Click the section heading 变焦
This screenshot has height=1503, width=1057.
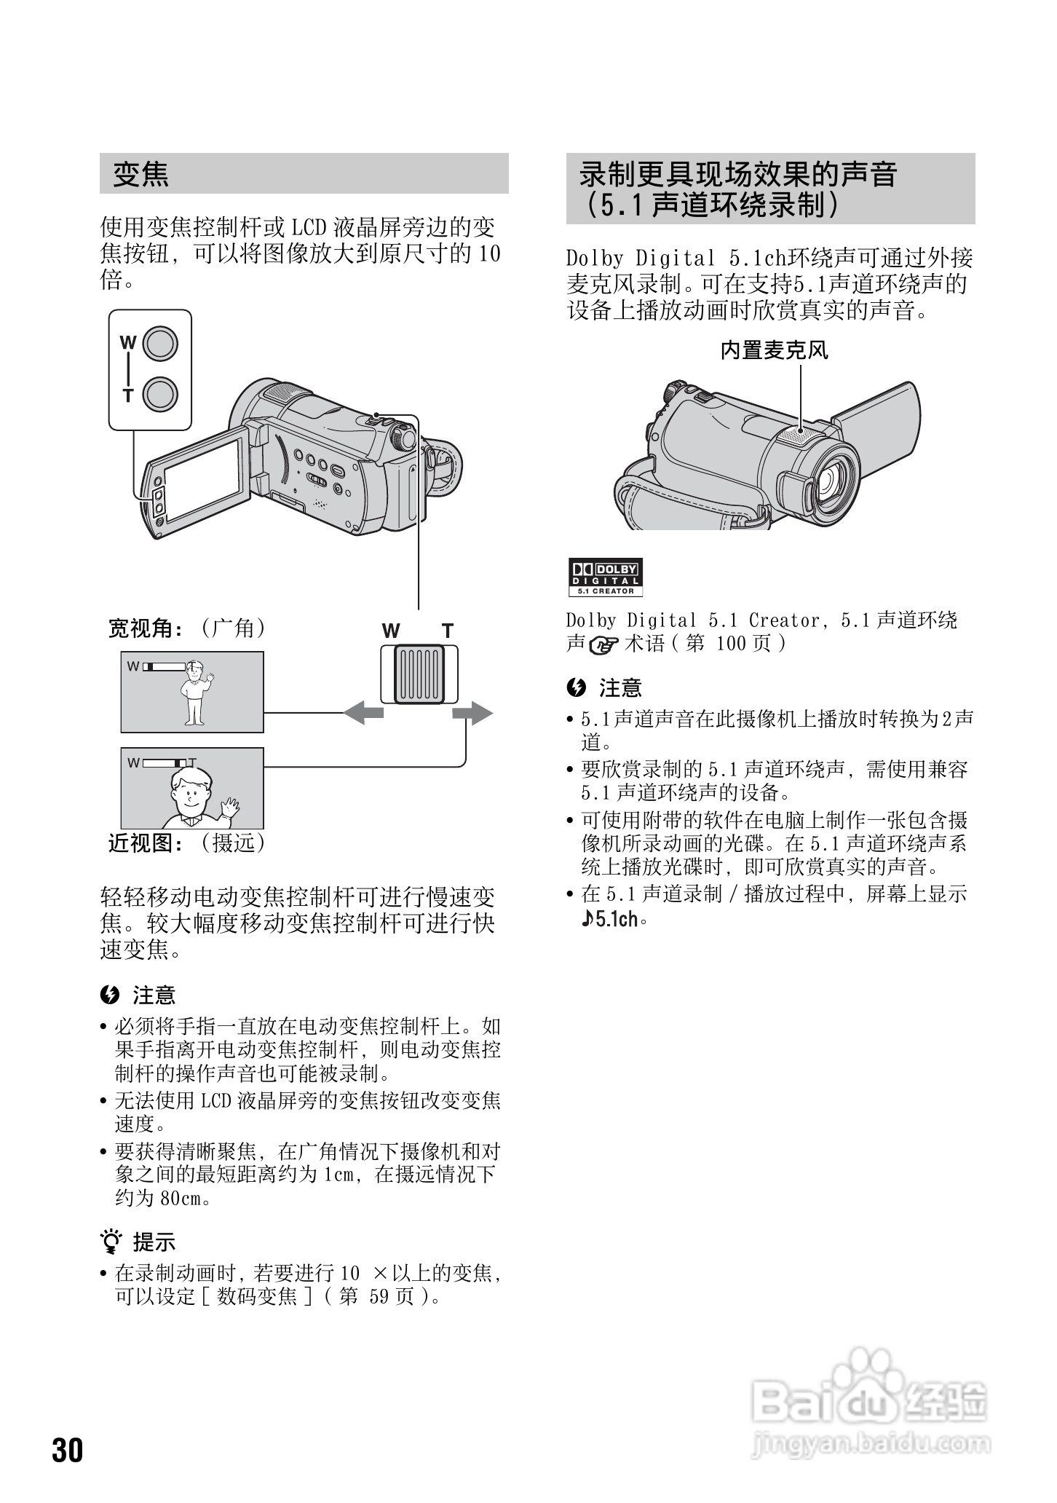coord(140,174)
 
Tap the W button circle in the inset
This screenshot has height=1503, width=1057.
coord(160,343)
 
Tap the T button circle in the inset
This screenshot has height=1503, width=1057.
coord(160,395)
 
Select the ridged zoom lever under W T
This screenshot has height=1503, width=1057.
coord(419,674)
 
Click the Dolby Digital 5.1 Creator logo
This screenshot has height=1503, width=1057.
coord(604,578)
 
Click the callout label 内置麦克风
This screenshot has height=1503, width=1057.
coord(775,351)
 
